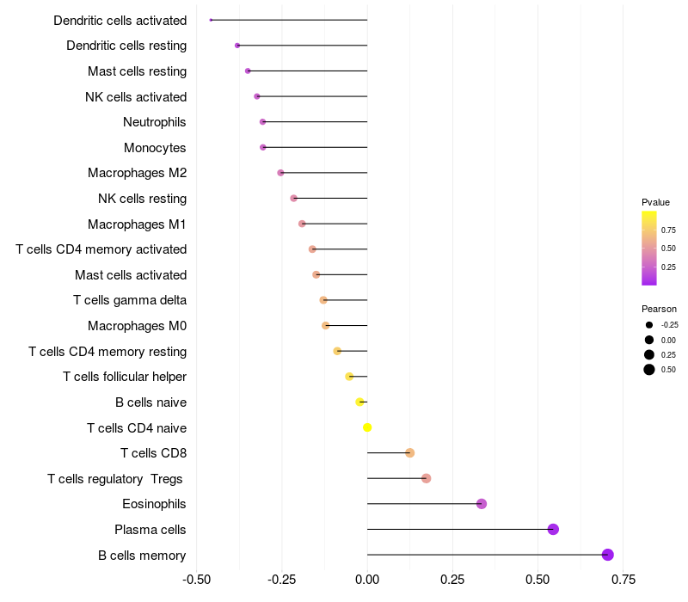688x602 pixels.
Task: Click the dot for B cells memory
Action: [x=608, y=555]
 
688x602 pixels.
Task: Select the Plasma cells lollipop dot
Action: [x=553, y=529]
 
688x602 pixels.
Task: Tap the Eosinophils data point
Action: [x=482, y=504]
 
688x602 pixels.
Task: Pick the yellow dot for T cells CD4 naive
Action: [x=367, y=427]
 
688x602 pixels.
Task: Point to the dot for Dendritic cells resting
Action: [x=237, y=46]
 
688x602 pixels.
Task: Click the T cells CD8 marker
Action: [x=409, y=453]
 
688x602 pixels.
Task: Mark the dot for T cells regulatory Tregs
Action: [x=426, y=478]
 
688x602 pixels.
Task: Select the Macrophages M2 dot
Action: [x=280, y=173]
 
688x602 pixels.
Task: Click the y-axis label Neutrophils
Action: [x=155, y=122]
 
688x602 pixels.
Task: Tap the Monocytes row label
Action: [x=155, y=148]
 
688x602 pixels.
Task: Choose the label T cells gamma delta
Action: [x=130, y=300]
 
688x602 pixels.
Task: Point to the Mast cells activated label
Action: [x=131, y=275]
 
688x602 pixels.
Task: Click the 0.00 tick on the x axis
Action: [x=367, y=579]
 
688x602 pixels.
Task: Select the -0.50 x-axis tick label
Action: [x=197, y=579]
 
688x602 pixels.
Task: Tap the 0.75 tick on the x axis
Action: [x=623, y=579]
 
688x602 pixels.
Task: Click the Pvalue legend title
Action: [x=655, y=202]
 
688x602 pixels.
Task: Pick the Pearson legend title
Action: [x=659, y=309]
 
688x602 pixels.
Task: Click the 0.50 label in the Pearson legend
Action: [x=668, y=370]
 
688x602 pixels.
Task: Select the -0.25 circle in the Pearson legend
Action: [x=649, y=325]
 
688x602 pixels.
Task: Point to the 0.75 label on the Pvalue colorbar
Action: [x=668, y=230]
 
